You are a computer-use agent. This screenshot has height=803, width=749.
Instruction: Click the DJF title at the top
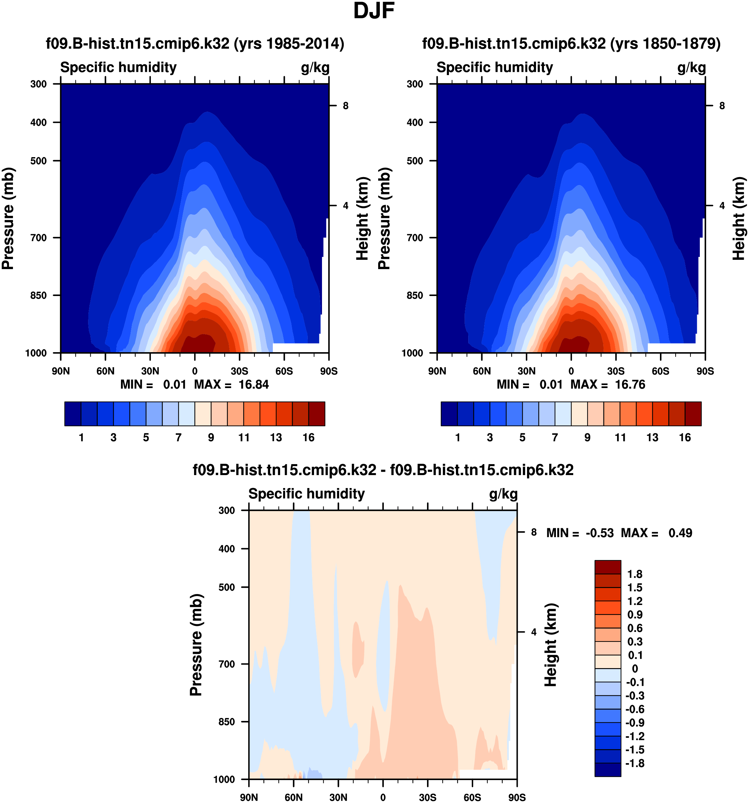(374, 11)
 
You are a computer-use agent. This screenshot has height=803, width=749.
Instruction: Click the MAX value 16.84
(253, 384)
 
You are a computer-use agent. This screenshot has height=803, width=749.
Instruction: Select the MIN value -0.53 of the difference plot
(599, 533)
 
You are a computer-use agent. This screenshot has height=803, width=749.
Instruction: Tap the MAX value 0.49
(680, 533)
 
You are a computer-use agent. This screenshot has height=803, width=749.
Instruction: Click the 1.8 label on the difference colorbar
(635, 574)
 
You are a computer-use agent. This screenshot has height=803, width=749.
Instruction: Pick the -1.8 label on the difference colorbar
(635, 763)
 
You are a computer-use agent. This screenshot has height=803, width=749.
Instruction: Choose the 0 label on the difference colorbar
(635, 669)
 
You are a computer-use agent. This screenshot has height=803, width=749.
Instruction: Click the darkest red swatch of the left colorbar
(317, 414)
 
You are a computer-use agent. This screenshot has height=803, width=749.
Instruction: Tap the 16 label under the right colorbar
(685, 438)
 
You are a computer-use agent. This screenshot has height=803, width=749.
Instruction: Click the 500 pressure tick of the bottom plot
(227, 587)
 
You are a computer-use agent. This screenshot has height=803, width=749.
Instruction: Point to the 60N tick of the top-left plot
(105, 371)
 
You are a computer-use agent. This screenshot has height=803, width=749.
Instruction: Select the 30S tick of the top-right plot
(616, 371)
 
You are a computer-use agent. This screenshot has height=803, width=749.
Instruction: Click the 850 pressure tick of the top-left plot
(38, 295)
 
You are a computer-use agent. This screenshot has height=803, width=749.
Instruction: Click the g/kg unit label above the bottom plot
(503, 494)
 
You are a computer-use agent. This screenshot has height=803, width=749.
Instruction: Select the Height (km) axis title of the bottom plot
(550, 645)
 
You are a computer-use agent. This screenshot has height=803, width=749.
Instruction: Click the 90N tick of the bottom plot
(249, 797)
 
